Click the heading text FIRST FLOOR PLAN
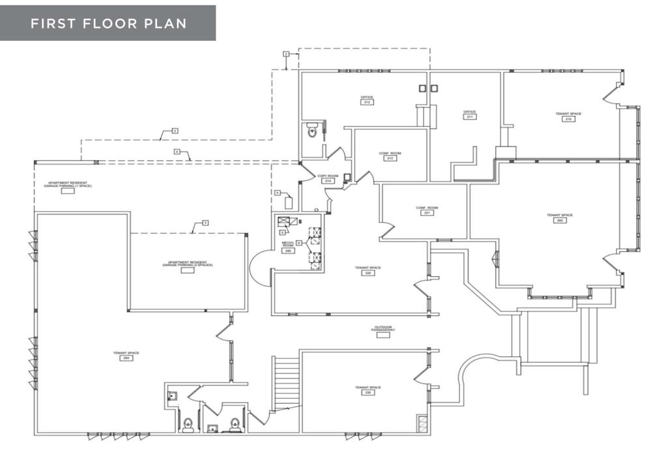[108, 23]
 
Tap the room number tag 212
[367, 102]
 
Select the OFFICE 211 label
[470, 114]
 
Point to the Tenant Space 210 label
[568, 116]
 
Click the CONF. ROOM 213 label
[390, 156]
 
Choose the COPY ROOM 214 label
[328, 178]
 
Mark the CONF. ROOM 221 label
[427, 210]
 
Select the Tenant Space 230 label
[367, 390]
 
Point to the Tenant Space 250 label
[126, 355]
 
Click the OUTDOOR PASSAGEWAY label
[384, 330]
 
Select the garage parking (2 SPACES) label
[188, 266]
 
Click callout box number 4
[177, 151]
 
